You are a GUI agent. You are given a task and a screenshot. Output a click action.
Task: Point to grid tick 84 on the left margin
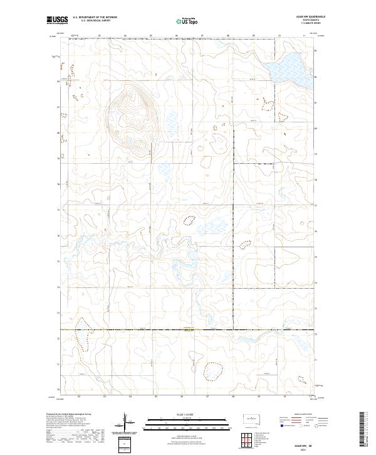[x=59, y=81]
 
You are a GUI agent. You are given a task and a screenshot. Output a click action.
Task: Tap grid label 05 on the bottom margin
[x=155, y=397]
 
